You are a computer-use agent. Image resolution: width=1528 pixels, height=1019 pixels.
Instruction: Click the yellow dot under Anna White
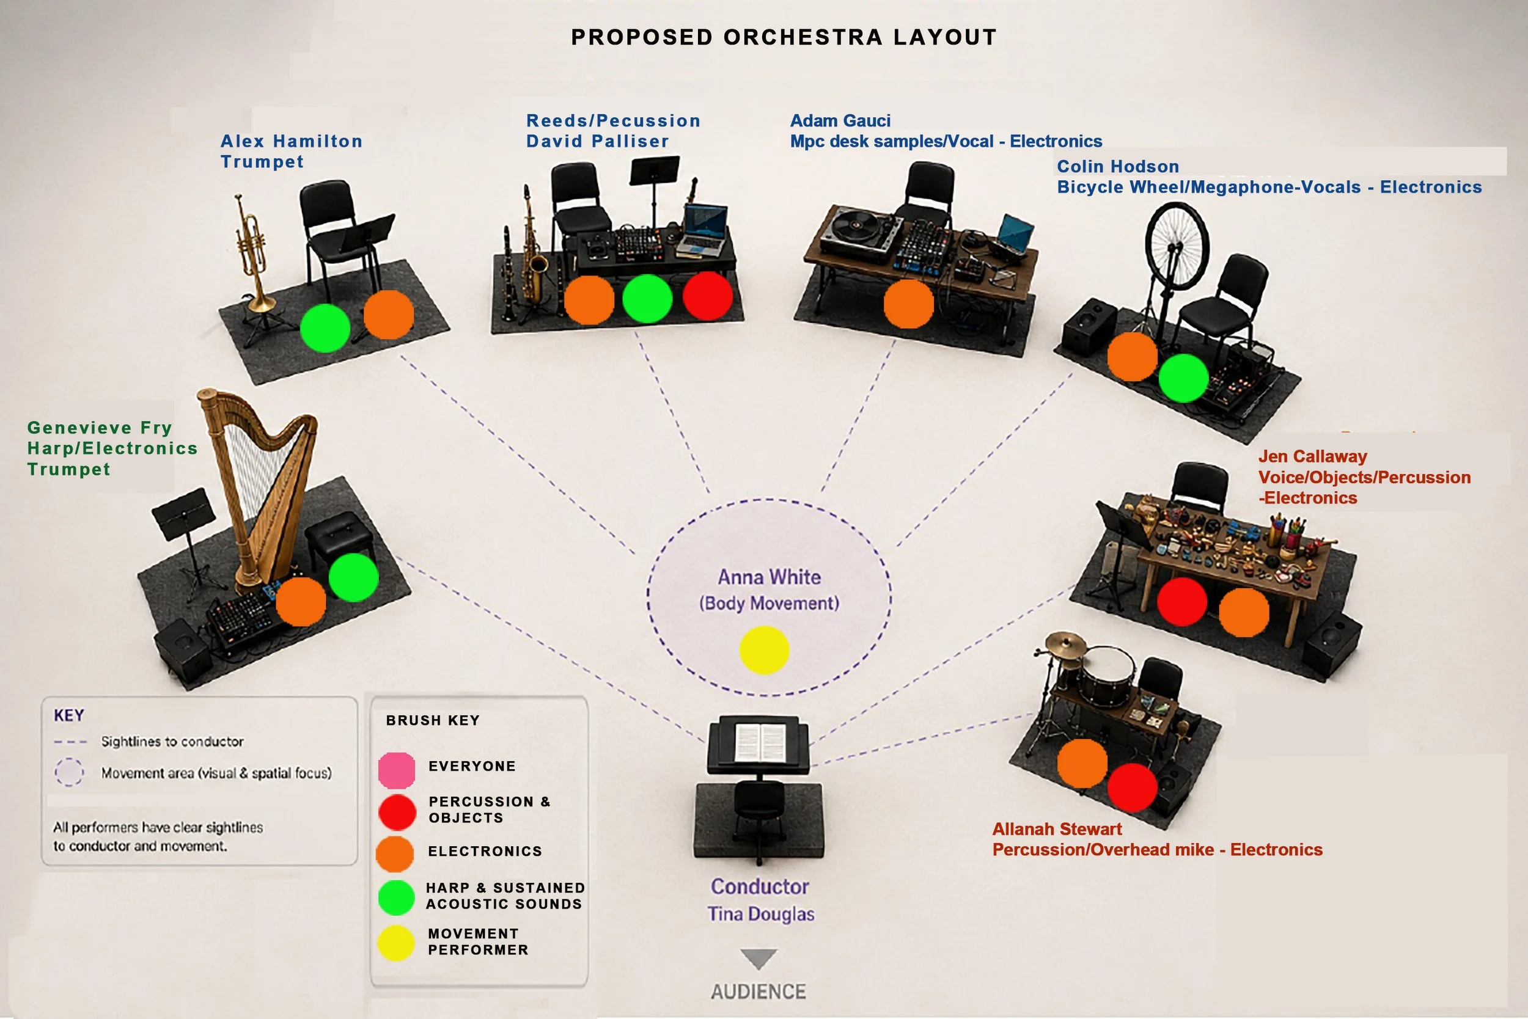(764, 650)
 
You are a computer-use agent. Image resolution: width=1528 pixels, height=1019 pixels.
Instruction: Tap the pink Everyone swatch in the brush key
(397, 770)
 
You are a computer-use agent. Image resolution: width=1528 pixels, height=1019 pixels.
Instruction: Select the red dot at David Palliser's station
(707, 296)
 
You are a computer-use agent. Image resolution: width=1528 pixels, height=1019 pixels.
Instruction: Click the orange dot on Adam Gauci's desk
(908, 304)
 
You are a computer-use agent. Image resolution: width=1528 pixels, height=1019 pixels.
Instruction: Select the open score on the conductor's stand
(760, 743)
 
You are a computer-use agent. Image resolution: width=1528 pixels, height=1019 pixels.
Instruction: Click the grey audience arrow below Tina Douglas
(758, 959)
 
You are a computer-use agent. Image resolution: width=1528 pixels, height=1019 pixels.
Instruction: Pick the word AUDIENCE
(758, 991)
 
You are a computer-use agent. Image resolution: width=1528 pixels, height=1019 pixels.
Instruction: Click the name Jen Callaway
(1312, 456)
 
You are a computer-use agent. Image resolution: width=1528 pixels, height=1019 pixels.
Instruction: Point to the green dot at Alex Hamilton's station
(325, 328)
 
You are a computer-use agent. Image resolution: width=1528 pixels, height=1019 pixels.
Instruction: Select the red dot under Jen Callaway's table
(1181, 601)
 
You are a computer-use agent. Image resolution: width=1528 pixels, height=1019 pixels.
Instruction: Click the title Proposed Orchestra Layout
(784, 37)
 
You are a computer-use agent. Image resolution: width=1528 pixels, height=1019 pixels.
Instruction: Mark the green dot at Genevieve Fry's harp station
(354, 577)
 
